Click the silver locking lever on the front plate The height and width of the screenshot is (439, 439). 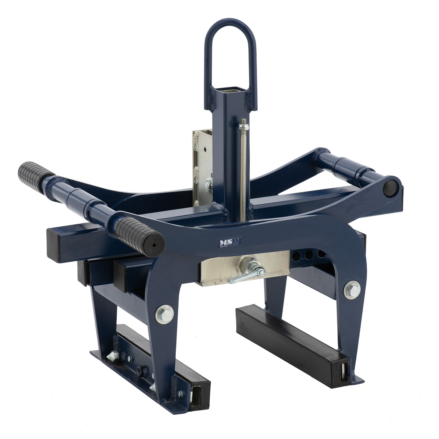click(247, 274)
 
